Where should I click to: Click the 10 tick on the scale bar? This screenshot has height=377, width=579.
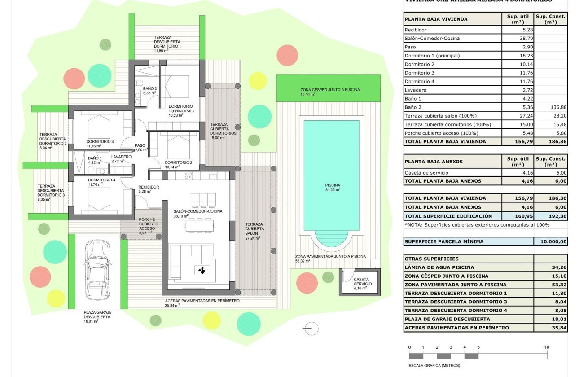click(547, 347)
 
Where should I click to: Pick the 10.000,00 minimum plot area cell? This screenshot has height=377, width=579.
click(551, 241)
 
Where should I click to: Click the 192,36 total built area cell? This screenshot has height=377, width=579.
click(551, 216)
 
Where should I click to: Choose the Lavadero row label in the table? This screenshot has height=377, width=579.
click(416, 90)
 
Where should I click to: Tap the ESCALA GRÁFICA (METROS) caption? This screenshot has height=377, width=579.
click(434, 365)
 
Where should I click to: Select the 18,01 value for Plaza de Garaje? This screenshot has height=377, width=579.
click(551, 319)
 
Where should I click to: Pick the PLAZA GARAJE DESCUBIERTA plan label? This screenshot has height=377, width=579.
click(97, 314)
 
